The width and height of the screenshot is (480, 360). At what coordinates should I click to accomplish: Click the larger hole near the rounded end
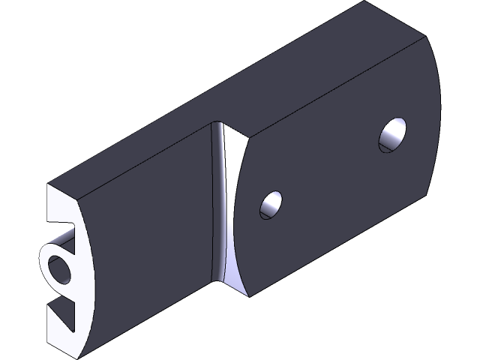point(393,136)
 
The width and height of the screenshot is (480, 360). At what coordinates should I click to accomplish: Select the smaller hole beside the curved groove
point(271,205)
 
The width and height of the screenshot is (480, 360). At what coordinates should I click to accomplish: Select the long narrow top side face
point(210,90)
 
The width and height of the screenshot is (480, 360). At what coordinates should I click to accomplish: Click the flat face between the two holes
point(330,172)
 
